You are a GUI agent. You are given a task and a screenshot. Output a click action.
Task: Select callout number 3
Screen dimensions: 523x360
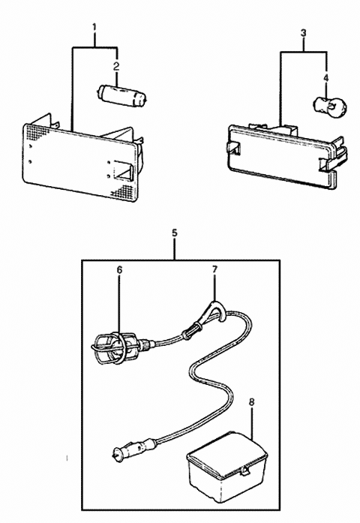pos(302,33)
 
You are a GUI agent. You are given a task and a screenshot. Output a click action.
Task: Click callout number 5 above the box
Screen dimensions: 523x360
pos(175,233)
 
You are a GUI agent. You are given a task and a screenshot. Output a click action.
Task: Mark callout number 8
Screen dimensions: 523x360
pos(251,402)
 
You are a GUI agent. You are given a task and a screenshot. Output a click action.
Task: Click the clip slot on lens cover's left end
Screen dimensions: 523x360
pos(232,149)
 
